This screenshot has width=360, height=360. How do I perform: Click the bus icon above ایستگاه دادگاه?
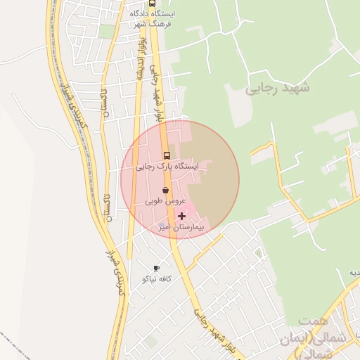[153, 4]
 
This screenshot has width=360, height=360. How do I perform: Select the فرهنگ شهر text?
[153, 23]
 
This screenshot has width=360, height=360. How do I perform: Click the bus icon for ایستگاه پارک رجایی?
[167, 155]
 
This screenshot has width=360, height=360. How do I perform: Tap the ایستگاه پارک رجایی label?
[167, 167]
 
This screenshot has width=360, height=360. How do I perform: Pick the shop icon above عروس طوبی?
[166, 190]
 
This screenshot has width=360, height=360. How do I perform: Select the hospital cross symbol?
[183, 216]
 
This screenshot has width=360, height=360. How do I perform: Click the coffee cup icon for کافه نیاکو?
[156, 269]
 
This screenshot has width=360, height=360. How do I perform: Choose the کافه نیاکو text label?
[157, 279]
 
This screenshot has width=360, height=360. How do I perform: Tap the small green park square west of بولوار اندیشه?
[106, 31]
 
